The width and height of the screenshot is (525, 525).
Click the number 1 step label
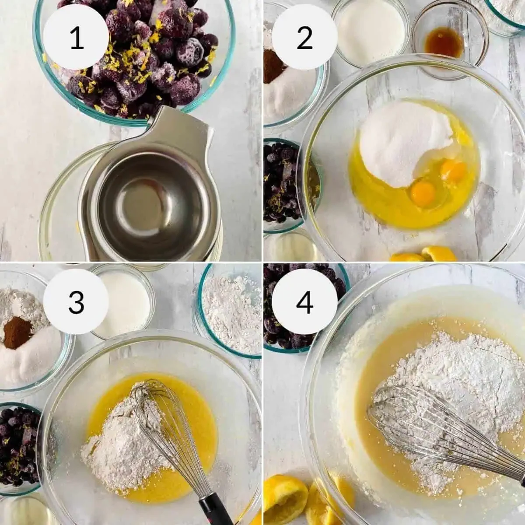point(77,38)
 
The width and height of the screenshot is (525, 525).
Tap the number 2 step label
point(304,38)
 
